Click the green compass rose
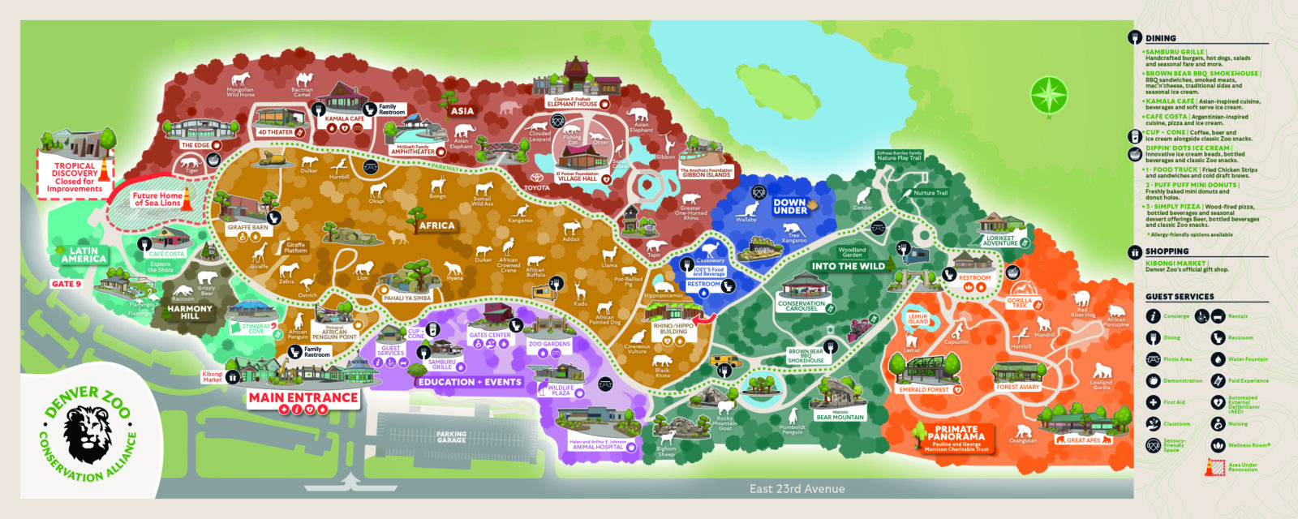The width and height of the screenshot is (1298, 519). coord(1049,95)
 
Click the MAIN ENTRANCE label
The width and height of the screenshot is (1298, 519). coord(303,397)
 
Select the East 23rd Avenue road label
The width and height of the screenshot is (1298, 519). coord(797,488)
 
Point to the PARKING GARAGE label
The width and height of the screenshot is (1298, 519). coord(451,436)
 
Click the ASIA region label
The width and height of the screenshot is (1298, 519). coord(462,111)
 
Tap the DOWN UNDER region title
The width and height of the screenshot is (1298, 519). coord(790,206)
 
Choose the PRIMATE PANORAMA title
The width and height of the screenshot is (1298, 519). coord(956,433)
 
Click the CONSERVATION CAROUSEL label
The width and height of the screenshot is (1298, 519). coord(801,306)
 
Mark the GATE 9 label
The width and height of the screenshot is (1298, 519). coord(67,284)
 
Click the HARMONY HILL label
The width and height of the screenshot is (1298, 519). coord(190,312)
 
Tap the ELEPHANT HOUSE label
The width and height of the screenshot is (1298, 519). coord(572,103)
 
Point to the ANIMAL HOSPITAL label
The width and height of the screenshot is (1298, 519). coord(598,446)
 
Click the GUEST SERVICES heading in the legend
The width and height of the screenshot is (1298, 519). coord(1180,297)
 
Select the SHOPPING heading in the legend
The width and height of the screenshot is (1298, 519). coord(1167,251)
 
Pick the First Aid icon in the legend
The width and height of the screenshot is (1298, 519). coord(1153,402)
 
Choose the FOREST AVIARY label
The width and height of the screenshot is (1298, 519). coord(1017,387)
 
